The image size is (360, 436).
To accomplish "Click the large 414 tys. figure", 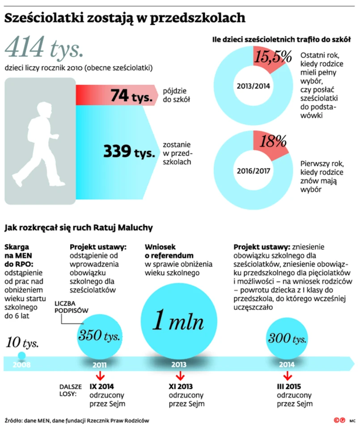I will (44, 47).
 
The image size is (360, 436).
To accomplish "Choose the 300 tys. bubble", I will (287, 339).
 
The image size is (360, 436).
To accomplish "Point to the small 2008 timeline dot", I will (21, 356).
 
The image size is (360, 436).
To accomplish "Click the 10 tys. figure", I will (22, 343).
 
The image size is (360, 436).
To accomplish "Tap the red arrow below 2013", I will (179, 375).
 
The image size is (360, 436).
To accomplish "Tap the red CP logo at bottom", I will (339, 421).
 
